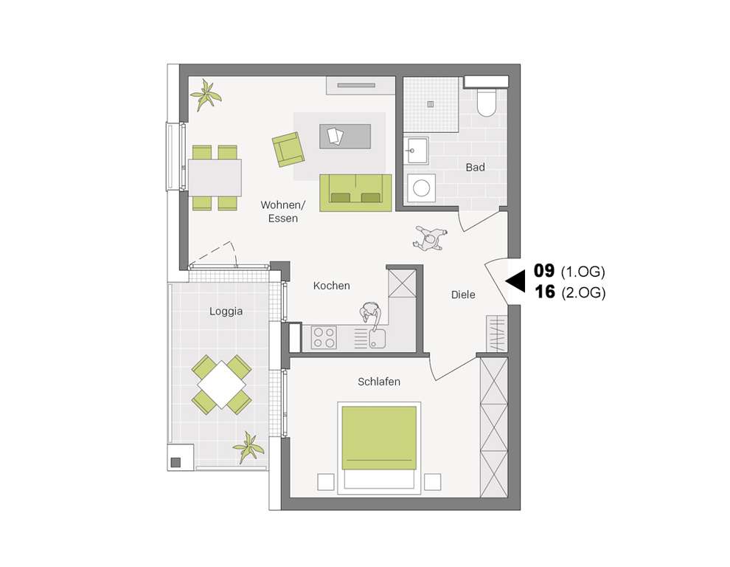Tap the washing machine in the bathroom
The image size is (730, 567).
coord(421,188)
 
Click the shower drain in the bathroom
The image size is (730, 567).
coord(430,104)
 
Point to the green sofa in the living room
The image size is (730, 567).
coord(355,192)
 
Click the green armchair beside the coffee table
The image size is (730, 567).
coord(288,149)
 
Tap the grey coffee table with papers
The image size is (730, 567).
coord(344,136)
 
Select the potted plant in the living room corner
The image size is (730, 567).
coord(206,94)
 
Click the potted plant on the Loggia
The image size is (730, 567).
coord(248,447)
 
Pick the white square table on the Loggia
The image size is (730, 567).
coord(221,384)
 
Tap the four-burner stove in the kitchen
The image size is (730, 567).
coord(324,337)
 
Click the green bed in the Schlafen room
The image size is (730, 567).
coord(379,437)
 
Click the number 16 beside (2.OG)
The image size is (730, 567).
coord(545,292)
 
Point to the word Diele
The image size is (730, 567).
coord(463,295)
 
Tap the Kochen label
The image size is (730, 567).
coord(331,286)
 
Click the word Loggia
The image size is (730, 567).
coord(226,312)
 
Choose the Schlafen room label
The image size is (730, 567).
coord(379,382)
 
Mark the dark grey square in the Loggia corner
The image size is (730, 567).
coord(175,462)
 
